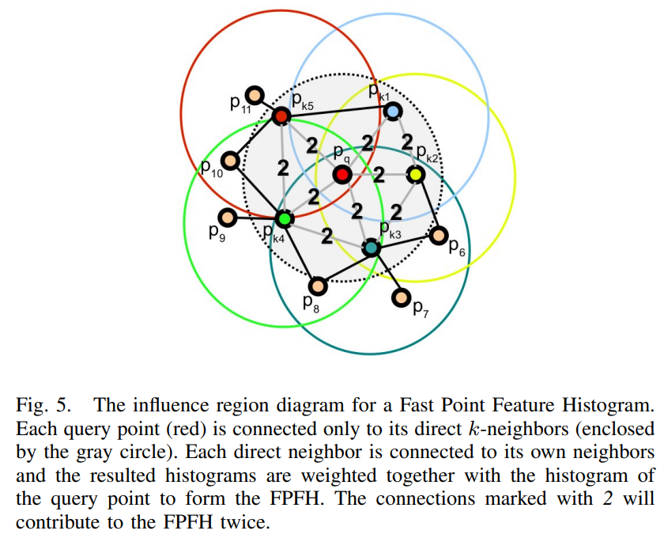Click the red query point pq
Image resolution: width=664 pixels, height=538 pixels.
(342, 175)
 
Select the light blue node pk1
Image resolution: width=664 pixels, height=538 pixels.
(393, 112)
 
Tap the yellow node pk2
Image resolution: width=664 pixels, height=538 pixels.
(415, 174)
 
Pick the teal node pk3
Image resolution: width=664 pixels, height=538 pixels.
(372, 248)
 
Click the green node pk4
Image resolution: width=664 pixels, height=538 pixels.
(284, 219)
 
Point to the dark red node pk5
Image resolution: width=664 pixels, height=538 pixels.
(281, 116)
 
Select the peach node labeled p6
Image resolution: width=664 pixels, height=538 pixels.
(438, 235)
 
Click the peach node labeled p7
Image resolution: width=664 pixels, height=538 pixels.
(401, 297)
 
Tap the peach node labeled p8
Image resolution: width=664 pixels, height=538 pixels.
(318, 286)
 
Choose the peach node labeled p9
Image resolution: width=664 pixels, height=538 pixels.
(228, 218)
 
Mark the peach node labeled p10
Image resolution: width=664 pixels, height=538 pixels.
(230, 161)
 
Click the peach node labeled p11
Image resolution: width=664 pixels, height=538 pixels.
(255, 96)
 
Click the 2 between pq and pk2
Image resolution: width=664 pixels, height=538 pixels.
(379, 175)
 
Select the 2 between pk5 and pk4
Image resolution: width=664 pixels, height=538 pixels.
(283, 168)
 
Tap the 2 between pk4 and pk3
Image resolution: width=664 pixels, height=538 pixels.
(326, 236)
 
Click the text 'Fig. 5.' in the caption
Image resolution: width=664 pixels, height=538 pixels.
(43, 405)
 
